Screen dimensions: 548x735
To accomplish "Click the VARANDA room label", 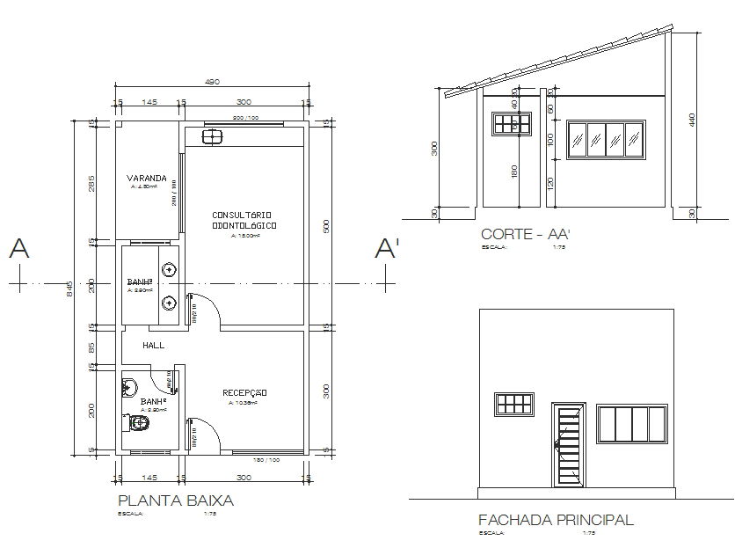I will click(x=146, y=177).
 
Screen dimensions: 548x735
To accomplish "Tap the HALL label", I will click(x=154, y=346).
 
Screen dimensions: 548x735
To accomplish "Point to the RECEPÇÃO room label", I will click(x=244, y=392).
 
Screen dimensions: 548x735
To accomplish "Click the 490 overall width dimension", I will click(x=212, y=81).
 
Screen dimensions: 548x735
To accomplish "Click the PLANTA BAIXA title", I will click(x=176, y=501).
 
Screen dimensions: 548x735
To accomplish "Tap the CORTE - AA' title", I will click(x=527, y=234).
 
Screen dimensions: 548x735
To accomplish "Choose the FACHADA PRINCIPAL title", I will click(x=555, y=520).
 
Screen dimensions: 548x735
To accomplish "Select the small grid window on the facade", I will click(x=515, y=404).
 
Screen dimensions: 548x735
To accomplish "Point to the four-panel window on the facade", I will click(x=632, y=424).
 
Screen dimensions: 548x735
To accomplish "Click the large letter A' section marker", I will click(x=387, y=249).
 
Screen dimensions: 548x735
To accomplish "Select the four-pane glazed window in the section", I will click(x=608, y=140).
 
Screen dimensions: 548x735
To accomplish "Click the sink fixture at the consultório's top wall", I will click(x=212, y=135).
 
